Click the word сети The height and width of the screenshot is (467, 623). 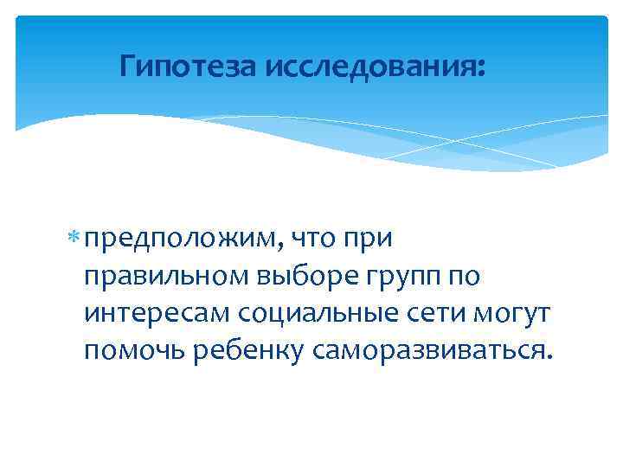coord(438,314)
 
